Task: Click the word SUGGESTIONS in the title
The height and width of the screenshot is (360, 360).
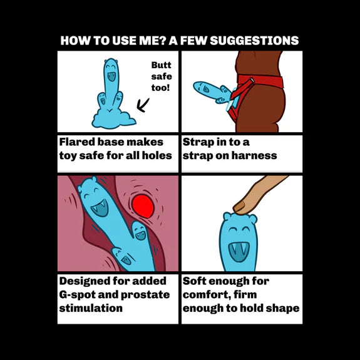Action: pos(254,41)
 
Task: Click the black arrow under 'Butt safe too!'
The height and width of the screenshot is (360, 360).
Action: pos(143,105)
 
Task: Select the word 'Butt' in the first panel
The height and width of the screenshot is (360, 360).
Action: pos(161,65)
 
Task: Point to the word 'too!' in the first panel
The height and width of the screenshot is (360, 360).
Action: pos(160,88)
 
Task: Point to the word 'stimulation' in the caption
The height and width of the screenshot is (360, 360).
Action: pos(91,308)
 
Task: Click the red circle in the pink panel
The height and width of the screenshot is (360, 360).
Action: pos(143,207)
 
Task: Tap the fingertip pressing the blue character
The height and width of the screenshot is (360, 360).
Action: pos(240,207)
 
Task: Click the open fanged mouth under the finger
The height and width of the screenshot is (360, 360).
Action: pos(239,252)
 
